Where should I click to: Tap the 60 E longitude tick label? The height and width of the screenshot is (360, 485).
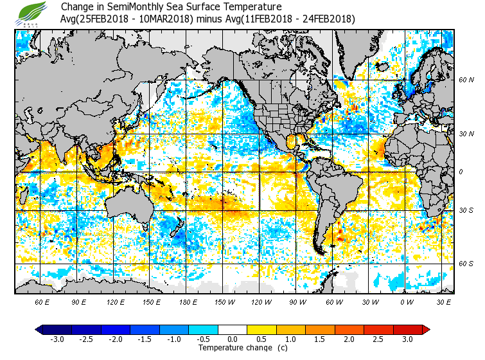(42, 302)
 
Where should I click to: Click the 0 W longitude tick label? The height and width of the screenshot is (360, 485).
(406, 302)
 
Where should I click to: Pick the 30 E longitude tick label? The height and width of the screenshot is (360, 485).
(443, 302)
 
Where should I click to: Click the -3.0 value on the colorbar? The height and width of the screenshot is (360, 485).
(57, 339)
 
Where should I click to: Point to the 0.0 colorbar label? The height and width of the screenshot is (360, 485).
(233, 339)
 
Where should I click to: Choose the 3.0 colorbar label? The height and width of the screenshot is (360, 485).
(408, 339)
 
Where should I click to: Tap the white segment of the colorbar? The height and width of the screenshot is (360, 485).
(233, 330)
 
